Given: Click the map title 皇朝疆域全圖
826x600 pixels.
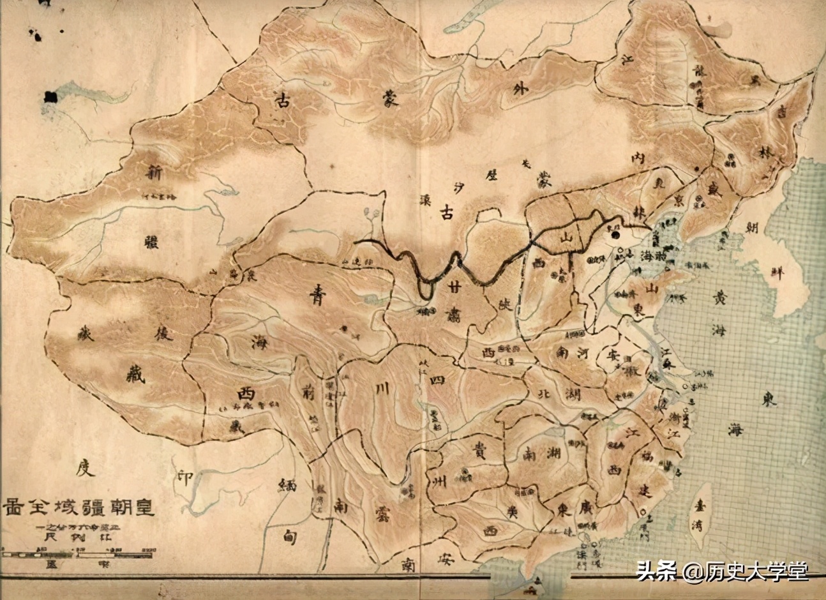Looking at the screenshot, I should [79, 507].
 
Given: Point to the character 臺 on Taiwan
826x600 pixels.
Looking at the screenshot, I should [703, 504].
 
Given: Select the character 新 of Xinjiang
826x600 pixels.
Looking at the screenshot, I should [154, 172].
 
